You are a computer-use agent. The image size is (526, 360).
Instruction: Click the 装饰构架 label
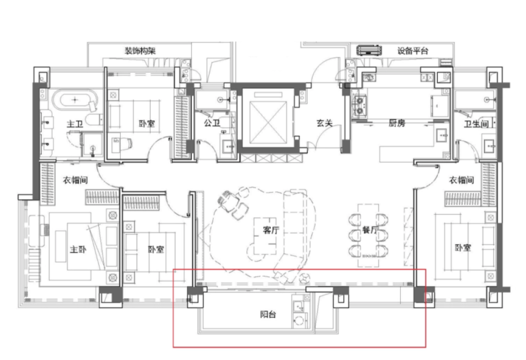140,51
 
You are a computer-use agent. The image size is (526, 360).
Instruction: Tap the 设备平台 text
412,51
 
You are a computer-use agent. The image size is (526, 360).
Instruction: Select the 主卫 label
75,124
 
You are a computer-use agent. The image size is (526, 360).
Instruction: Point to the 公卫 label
212,123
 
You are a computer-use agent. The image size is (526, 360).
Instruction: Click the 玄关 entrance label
324,123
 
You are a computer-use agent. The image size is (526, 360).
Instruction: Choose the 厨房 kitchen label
397,123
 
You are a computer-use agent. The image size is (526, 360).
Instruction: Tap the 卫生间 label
476,124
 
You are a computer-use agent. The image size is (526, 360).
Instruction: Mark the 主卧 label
77,249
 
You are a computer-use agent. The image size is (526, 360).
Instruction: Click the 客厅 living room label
271,230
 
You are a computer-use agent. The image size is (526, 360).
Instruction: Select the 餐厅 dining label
370,230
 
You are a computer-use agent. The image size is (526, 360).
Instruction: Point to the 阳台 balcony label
268,314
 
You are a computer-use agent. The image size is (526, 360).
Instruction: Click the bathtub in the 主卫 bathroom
75,100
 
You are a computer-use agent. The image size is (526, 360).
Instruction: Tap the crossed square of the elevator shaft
269,122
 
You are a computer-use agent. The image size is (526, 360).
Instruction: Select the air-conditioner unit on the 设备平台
370,51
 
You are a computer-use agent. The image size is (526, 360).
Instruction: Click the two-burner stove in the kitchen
360,105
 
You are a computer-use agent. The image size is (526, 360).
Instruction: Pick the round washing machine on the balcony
299,320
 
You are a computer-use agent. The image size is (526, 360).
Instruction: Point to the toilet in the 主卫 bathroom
94,120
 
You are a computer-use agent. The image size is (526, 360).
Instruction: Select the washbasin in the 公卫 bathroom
229,147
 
